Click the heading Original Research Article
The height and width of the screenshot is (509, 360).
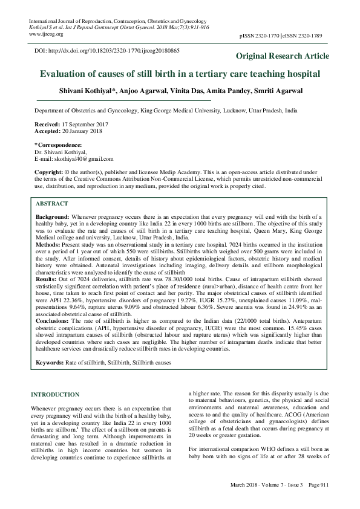283,56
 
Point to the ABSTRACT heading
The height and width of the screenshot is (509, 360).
52,204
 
